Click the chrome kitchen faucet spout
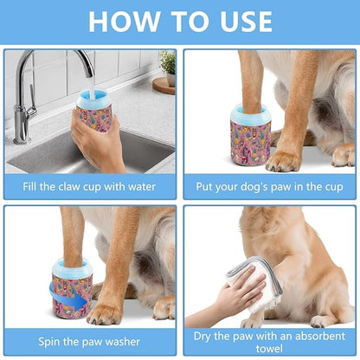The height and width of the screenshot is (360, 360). pyautogui.click(x=68, y=61)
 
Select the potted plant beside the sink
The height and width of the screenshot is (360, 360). pyautogui.click(x=167, y=62)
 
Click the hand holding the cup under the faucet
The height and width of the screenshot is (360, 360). pyautogui.click(x=100, y=138)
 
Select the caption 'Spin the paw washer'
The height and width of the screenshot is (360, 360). pyautogui.click(x=89, y=340)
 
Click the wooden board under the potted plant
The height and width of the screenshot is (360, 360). pyautogui.click(x=164, y=84)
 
